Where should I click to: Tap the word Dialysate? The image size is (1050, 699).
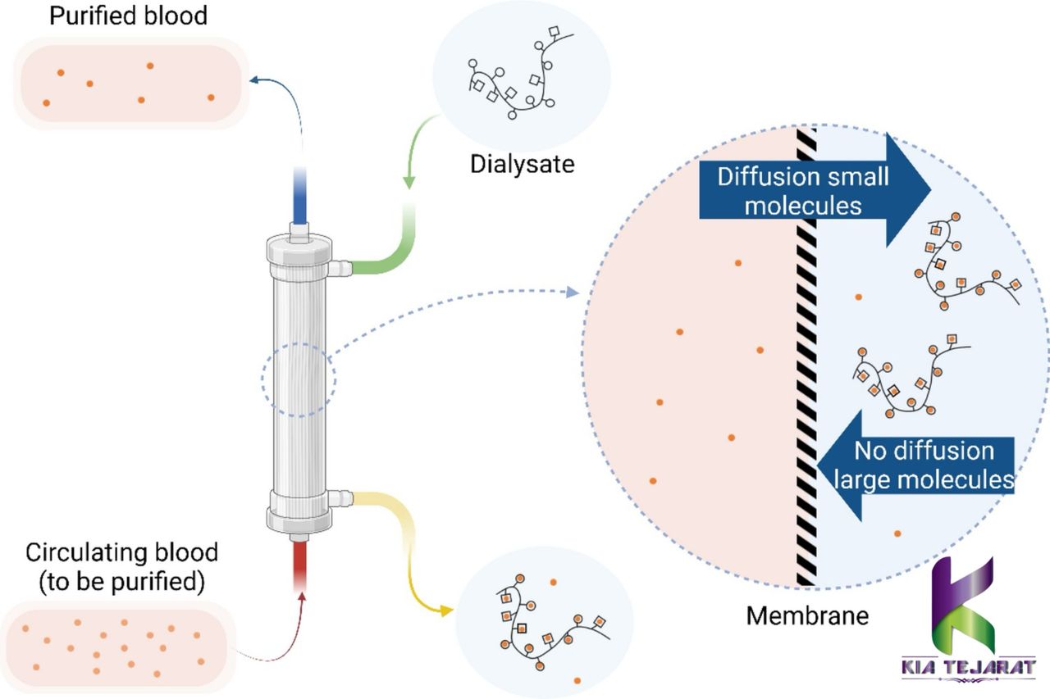pyautogui.click(x=522, y=163)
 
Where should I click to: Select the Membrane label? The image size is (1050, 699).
pyautogui.click(x=807, y=615)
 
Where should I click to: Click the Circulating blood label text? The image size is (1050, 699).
pyautogui.click(x=121, y=563)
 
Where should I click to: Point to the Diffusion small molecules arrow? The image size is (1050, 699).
pyautogui.click(x=812, y=190)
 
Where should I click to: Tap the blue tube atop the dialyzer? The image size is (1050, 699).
pyautogui.click(x=301, y=197)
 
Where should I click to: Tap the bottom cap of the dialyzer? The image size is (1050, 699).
pyautogui.click(x=299, y=511)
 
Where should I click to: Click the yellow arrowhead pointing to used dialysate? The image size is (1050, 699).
pyautogui.click(x=445, y=610)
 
